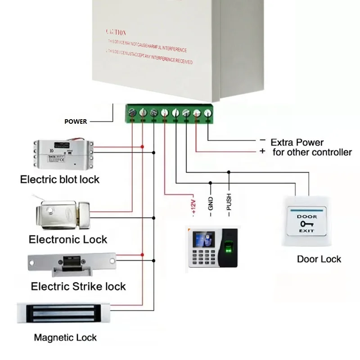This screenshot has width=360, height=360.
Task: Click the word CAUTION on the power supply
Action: coord(116,32)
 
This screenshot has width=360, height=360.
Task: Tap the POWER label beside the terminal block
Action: coord(76,121)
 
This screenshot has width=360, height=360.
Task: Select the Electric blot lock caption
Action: coord(60,179)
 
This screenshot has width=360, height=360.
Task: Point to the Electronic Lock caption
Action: coord(68,239)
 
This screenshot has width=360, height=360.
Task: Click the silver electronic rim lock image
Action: coord(61,213)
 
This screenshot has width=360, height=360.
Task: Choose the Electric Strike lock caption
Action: coord(78,286)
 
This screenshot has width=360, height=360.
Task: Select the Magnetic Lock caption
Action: coord(65,337)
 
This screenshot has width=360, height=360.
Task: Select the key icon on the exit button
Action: coord(307,224)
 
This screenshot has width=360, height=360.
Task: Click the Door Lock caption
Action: coord(319,259)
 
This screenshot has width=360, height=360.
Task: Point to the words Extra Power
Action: coord(297,142)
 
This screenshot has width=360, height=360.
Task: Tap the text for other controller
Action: coord(312,152)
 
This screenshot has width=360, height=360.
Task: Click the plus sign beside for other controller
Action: coord(262,151)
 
